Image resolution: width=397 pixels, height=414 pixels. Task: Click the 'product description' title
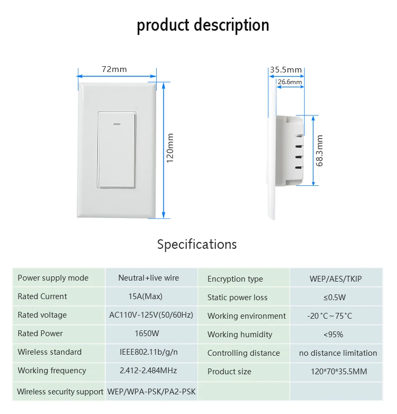[x=203, y=25]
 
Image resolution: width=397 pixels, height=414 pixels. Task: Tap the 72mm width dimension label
[x=114, y=69]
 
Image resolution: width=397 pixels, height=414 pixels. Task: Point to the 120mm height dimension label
[x=170, y=148]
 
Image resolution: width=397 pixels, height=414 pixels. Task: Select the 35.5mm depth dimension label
[x=285, y=70]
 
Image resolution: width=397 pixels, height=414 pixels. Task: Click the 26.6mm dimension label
[x=290, y=82]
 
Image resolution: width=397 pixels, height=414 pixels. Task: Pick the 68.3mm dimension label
[x=319, y=151]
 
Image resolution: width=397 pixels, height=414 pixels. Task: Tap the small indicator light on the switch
[x=118, y=125]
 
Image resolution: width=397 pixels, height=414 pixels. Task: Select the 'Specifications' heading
[x=197, y=244]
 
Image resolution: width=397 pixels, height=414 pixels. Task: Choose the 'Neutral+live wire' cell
[x=149, y=278]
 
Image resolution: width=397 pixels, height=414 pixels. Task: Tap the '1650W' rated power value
[x=147, y=334]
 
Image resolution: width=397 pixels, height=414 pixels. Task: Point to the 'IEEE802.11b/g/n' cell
[x=149, y=352]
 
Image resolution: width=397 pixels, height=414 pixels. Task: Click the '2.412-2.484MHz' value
[x=148, y=371]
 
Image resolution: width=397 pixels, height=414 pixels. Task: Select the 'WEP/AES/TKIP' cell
[x=336, y=279]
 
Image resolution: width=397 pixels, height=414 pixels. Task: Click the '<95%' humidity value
[x=333, y=335]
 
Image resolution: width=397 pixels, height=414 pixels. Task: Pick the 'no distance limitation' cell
[x=338, y=353]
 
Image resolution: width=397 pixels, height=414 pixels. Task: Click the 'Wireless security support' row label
[x=60, y=392]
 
